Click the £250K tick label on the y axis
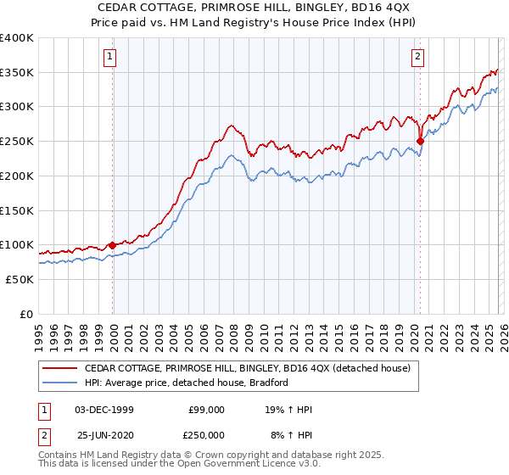click(16, 141)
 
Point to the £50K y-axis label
click(19, 279)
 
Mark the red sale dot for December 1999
click(113, 245)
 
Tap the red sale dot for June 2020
click(420, 142)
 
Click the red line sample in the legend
click(59, 368)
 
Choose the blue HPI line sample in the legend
click(59, 383)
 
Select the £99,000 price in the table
click(206, 410)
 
